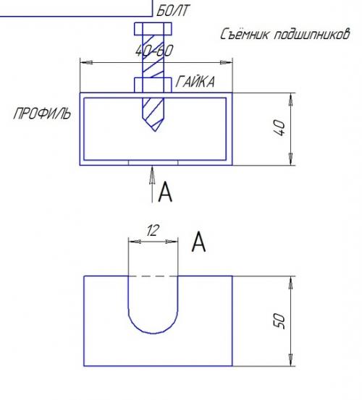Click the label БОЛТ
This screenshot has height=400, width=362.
pos(173,11)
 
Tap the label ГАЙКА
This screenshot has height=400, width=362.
pos(195,82)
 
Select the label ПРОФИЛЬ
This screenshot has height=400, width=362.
pos(42,114)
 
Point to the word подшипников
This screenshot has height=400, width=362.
pos(312,34)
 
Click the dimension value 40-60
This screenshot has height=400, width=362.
pos(154,51)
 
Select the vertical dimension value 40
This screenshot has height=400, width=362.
pos(279,128)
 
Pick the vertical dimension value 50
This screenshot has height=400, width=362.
pos(279,320)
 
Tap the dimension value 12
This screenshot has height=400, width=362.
pos(153,230)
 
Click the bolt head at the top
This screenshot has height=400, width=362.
pos(153,29)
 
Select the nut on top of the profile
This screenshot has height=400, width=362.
pos(153,85)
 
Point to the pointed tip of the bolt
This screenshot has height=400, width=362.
pos(155,131)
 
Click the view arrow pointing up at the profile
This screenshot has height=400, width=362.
pos(152,184)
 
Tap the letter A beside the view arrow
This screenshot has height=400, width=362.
pos(165,192)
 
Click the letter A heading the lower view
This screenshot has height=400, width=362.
pos(198,242)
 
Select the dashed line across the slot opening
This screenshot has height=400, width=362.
pos(153,276)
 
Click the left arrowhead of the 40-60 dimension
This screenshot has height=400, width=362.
pos(86,62)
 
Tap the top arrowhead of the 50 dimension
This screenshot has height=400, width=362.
pos(291,283)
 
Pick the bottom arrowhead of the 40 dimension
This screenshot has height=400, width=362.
pos(291,159)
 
